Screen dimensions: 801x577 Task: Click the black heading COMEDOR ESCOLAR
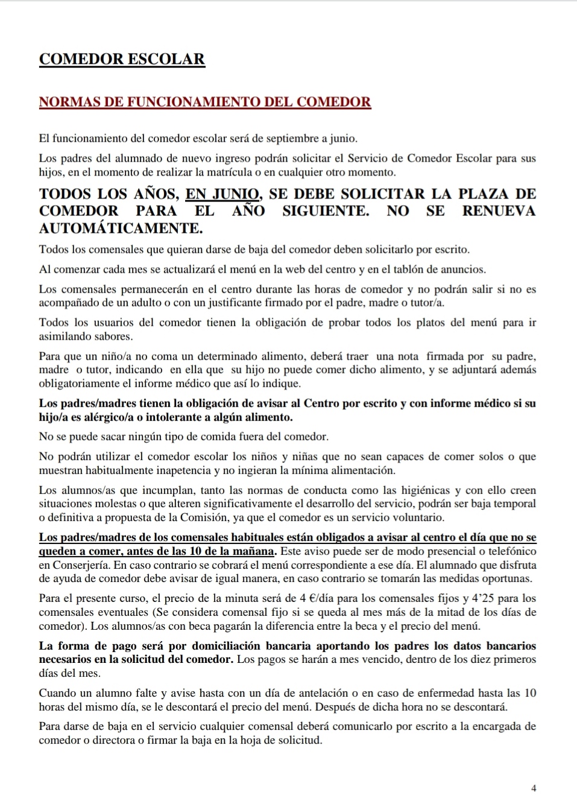pyautogui.click(x=122, y=59)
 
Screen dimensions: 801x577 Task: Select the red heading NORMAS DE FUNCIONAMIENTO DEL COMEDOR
pyautogui.click(x=205, y=101)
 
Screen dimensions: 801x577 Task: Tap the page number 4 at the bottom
pyautogui.click(x=534, y=788)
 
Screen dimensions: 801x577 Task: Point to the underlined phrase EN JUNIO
pyautogui.click(x=223, y=194)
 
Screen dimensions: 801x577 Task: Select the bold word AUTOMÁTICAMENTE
pyautogui.click(x=121, y=229)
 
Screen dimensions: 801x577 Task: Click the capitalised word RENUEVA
pyautogui.click(x=499, y=211)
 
